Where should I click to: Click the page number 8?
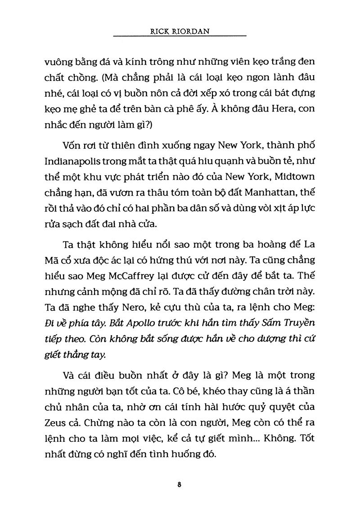[180, 485]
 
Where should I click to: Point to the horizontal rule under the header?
[180, 36]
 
